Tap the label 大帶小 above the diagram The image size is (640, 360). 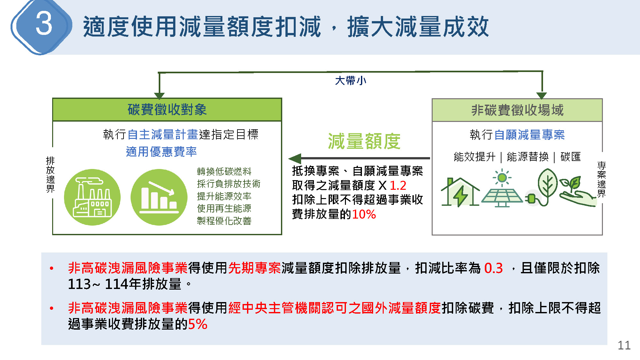350,81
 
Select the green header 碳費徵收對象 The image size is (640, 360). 167,109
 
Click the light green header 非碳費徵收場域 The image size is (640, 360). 517,110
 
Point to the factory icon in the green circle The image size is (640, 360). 92,197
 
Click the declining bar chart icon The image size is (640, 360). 159,197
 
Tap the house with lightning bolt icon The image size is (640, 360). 460,192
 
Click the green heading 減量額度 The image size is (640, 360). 364,141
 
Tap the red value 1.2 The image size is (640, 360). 398,185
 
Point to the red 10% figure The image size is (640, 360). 364,214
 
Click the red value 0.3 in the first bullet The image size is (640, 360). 493,268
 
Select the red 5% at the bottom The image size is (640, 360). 198,324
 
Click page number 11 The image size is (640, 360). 624,345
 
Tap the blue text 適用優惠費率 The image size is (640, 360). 161,152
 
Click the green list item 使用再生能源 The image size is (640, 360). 224,208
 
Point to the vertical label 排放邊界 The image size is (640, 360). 50,174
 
